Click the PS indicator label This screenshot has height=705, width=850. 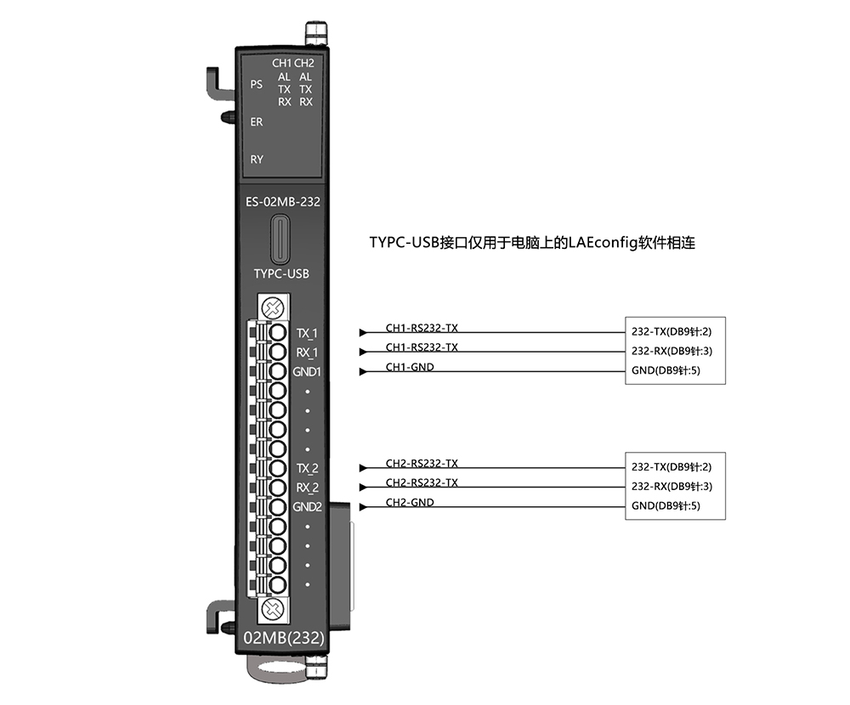point(257,85)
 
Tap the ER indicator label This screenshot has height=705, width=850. point(257,122)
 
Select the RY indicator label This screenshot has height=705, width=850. point(257,160)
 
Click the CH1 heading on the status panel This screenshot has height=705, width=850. point(282,64)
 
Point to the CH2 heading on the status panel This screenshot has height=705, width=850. point(304,64)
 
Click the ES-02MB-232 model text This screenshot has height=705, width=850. point(283,201)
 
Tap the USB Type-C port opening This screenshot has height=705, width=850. point(280,239)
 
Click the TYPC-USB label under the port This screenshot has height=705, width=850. point(281,274)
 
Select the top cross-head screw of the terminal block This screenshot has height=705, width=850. point(273,308)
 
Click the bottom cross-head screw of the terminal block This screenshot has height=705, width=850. point(273,609)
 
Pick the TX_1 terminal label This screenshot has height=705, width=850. point(308,334)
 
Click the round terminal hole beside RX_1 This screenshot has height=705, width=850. point(278,352)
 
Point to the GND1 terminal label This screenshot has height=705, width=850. point(307,372)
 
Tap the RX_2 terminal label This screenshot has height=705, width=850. point(308,488)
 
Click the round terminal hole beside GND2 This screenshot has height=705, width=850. point(278,507)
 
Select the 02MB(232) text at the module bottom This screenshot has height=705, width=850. point(284,638)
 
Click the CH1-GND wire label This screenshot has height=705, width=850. point(410,367)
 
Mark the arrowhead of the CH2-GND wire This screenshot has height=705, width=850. point(363,507)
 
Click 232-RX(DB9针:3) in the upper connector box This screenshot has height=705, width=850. point(671,351)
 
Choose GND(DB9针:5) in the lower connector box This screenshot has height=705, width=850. point(666,506)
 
